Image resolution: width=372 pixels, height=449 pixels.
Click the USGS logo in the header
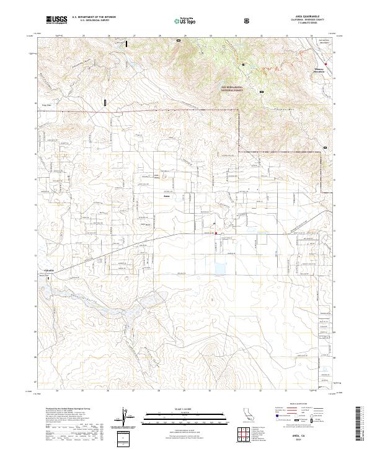tap(57, 20)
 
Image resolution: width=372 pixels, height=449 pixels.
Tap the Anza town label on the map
tap(166, 196)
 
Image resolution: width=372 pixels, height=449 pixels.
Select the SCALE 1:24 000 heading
tap(185, 408)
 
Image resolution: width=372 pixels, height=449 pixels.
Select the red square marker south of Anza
tap(216, 233)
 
